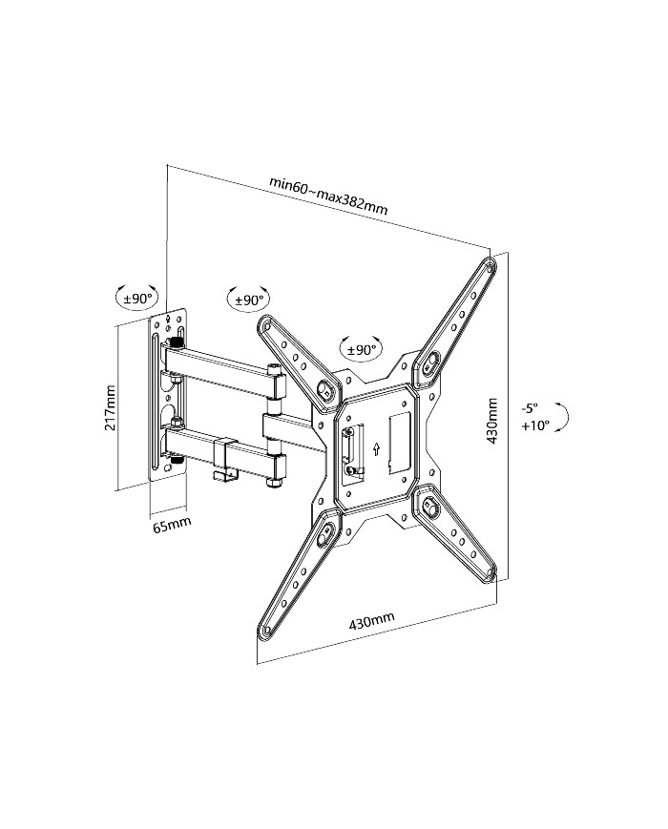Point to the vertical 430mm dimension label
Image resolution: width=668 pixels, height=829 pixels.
click(x=492, y=419)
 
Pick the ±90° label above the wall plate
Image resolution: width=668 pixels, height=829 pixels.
click(x=137, y=299)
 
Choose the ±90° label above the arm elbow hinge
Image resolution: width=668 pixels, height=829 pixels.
click(x=248, y=300)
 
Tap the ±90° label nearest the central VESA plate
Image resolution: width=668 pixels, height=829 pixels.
click(x=362, y=350)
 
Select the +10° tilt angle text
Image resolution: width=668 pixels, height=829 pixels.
click(x=535, y=426)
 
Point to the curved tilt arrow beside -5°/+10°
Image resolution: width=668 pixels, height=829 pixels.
click(x=566, y=417)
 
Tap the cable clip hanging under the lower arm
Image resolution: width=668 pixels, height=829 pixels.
click(x=221, y=462)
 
